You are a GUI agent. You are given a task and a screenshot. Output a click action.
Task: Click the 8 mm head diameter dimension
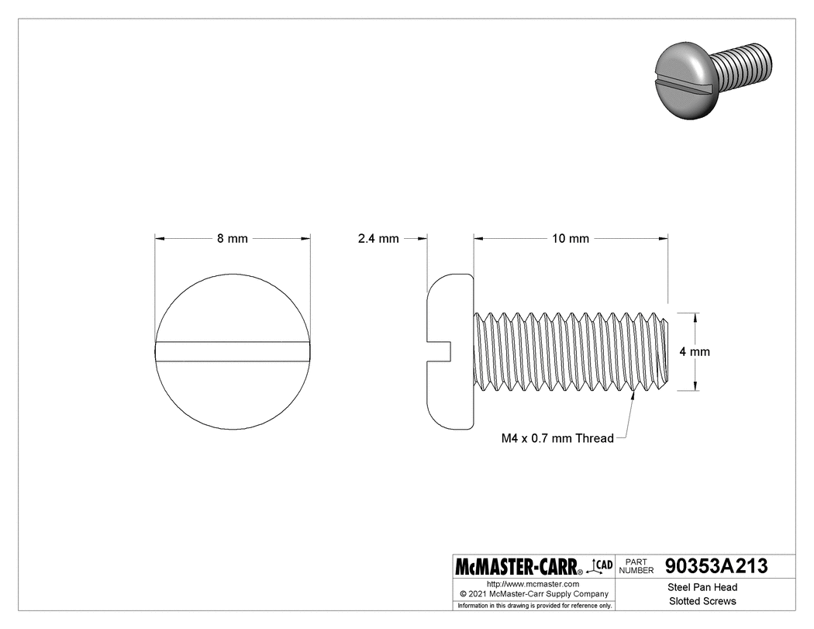coord(232,239)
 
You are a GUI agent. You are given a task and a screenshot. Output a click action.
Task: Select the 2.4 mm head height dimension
coord(378,239)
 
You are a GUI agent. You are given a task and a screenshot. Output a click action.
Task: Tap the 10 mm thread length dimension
coord(571,239)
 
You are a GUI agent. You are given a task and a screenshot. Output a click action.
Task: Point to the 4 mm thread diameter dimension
coord(695,351)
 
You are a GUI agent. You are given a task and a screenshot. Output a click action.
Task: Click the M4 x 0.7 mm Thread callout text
coord(558,438)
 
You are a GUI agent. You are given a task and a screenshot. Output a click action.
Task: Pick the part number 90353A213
coord(716,566)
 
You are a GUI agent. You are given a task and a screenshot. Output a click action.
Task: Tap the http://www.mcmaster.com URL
coord(533,583)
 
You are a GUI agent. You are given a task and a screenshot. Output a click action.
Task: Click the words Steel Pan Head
coord(702,587)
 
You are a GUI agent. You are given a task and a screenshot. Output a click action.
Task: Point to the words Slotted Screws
coord(702,601)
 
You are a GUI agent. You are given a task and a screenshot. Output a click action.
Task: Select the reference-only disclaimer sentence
coord(535,605)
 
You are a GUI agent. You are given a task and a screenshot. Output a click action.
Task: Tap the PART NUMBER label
coord(636,566)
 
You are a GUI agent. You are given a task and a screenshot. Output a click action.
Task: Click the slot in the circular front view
coord(233,351)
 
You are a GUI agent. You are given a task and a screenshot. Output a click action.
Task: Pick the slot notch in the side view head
coord(440,351)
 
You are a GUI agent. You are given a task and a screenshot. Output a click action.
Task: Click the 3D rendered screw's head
coord(682,81)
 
